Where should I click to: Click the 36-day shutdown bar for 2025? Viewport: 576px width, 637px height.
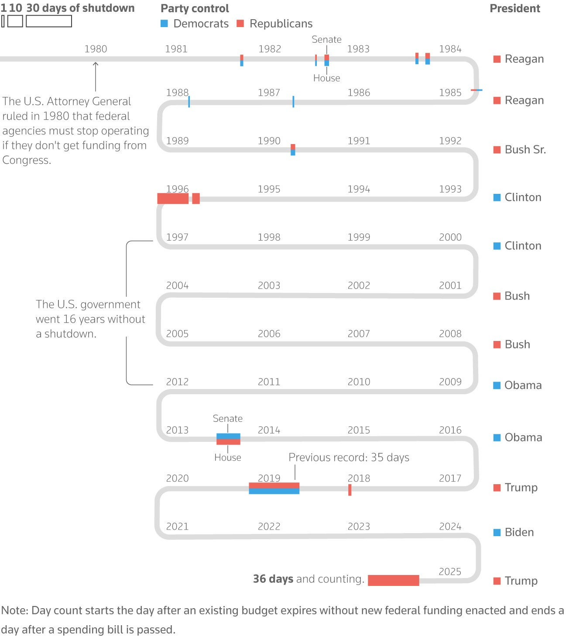[393, 580]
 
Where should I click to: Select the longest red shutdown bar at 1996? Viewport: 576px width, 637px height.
[173, 199]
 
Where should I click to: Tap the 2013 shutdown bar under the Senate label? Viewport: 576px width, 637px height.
[228, 439]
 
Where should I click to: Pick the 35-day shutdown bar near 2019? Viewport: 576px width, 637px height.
[274, 488]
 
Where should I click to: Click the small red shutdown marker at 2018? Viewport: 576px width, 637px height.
[350, 490]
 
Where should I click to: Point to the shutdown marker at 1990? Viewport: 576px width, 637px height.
[293, 150]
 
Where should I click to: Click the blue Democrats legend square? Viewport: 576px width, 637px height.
[164, 24]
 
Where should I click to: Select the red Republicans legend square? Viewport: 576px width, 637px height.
[240, 24]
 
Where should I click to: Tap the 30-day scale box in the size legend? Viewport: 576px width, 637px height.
[49, 21]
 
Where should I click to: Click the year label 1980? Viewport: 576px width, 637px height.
[96, 49]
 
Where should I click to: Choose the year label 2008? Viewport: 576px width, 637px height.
[450, 334]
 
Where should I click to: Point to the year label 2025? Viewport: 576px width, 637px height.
[450, 572]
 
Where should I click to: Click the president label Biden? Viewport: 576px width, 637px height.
[519, 532]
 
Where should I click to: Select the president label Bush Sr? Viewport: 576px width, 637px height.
[525, 150]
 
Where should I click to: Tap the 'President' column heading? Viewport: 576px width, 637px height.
[514, 9]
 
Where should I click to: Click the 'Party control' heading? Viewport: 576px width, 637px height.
[195, 9]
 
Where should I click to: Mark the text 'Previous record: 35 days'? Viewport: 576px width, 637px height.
[349, 457]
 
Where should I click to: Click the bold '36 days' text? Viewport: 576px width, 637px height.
[273, 579]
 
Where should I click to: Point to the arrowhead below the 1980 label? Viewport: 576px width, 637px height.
[96, 64]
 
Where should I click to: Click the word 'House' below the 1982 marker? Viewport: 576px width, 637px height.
[326, 78]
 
